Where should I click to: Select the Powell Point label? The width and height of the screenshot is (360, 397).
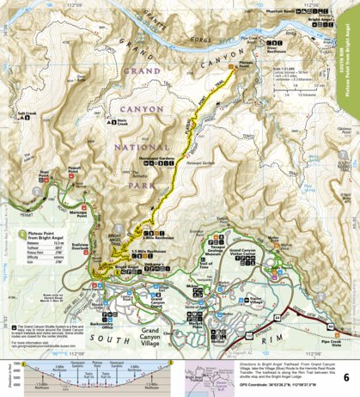pos(76,168)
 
